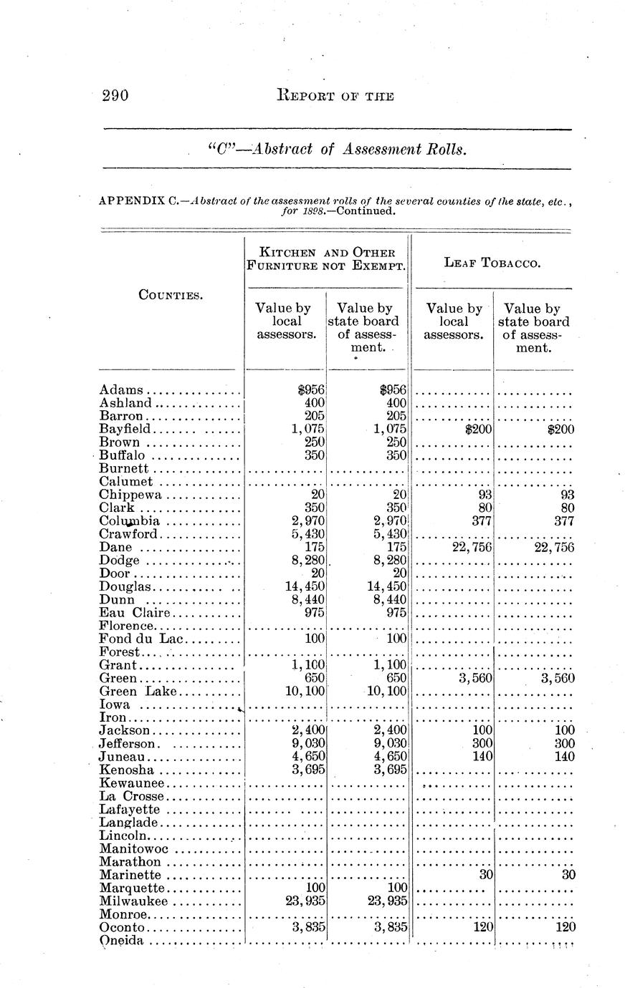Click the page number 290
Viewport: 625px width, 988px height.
click(x=115, y=96)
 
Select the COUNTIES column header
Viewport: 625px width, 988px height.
click(x=170, y=294)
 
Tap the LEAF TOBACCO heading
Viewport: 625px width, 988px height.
click(x=492, y=263)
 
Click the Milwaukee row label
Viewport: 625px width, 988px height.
click(x=134, y=901)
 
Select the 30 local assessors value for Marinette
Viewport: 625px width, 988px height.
click(x=484, y=875)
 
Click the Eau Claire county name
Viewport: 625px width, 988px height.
click(x=135, y=612)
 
